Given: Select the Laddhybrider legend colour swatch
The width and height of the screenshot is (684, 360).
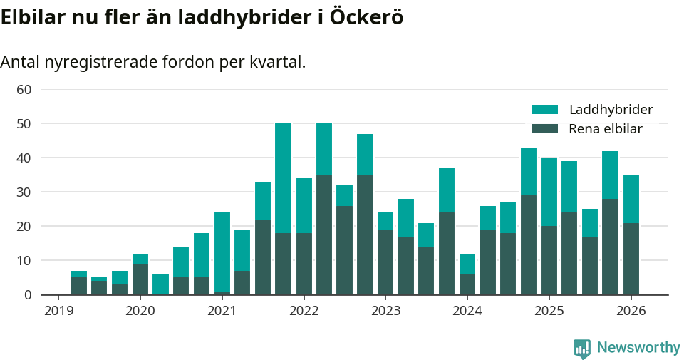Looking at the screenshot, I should click(545, 110).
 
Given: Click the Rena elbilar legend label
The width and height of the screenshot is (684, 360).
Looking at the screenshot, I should click(606, 129).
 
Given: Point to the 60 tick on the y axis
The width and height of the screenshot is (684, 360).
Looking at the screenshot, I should click(24, 90).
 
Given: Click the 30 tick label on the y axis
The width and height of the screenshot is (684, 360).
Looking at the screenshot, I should click(24, 192).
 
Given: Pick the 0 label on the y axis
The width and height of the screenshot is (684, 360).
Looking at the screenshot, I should click(28, 295).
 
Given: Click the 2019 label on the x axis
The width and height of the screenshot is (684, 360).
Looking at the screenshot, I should click(58, 312).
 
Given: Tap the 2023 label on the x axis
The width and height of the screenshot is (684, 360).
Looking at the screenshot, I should click(385, 312).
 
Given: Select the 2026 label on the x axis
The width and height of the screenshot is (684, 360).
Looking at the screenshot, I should click(631, 312).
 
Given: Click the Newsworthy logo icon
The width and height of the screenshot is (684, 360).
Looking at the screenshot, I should click(582, 348).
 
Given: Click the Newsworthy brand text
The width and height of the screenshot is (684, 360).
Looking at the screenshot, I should click(638, 348).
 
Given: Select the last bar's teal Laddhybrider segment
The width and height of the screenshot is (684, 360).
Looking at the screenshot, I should click(631, 199).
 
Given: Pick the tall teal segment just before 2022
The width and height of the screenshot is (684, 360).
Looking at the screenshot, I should click(283, 178).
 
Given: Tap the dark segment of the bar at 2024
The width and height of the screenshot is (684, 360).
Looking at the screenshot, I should click(467, 284).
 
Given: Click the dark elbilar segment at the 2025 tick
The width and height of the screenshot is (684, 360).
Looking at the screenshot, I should click(549, 260).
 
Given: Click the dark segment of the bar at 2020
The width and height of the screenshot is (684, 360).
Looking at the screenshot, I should click(140, 279).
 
